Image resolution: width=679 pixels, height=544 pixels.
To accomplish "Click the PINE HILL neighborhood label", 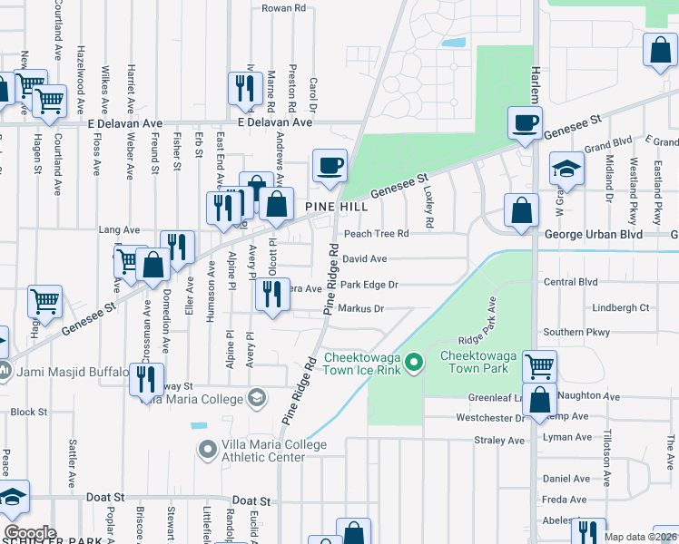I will (336, 207).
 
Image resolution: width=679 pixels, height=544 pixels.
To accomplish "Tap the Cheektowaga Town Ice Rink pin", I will (415, 364).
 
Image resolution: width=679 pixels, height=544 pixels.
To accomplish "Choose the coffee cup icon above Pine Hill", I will (330, 166).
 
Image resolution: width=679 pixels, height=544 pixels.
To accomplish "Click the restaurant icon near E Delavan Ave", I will (243, 88).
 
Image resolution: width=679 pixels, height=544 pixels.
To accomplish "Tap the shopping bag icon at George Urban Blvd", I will (521, 211).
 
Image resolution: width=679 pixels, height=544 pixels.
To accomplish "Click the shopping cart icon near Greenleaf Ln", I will (539, 366).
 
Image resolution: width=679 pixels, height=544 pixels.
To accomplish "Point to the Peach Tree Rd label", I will (376, 234).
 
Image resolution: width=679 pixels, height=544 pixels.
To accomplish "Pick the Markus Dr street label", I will (360, 309).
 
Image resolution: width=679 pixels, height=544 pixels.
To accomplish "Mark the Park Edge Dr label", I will (369, 285).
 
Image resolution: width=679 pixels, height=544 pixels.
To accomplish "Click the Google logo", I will (30, 533).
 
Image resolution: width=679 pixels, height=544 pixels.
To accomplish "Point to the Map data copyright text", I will (640, 537).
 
